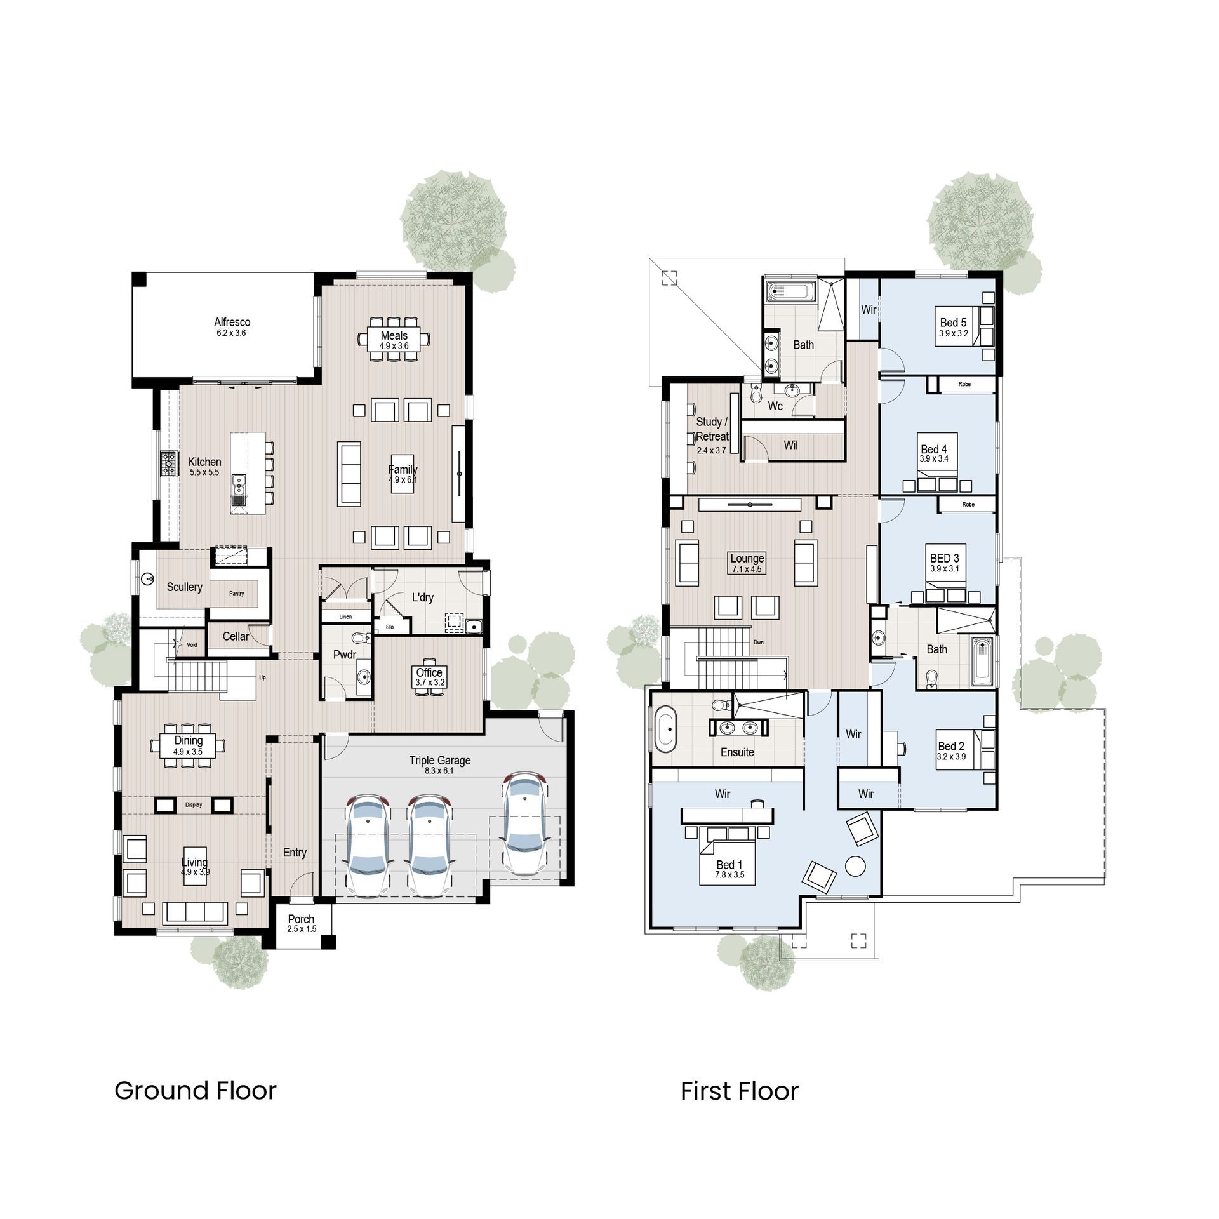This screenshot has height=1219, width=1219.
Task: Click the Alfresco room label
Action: tap(232, 323)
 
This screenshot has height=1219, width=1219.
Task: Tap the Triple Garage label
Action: tap(439, 761)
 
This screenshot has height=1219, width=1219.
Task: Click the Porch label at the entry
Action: tap(301, 919)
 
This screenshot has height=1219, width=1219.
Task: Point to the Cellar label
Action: tap(236, 636)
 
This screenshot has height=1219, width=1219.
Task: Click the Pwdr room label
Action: tap(345, 655)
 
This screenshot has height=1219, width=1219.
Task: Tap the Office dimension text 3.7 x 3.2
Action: tap(429, 683)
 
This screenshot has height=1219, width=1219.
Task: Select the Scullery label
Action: tap(184, 587)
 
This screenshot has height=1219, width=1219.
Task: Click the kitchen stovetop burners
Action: tap(169, 463)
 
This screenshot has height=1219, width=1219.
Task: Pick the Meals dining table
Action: tap(394, 340)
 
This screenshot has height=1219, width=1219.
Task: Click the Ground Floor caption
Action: tap(196, 1091)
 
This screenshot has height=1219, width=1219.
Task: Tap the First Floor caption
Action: tap(739, 1091)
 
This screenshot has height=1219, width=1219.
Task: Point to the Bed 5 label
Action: tap(953, 323)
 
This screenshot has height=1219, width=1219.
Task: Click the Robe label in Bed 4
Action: tap(964, 384)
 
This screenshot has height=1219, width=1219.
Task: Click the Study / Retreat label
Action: tap(711, 429)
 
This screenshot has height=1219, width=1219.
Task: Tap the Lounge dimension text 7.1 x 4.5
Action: tap(747, 570)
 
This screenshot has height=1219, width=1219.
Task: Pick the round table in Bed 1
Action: tap(856, 865)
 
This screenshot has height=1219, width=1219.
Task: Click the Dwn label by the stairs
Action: tap(758, 642)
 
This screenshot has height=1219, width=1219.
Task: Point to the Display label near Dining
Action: tap(194, 805)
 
